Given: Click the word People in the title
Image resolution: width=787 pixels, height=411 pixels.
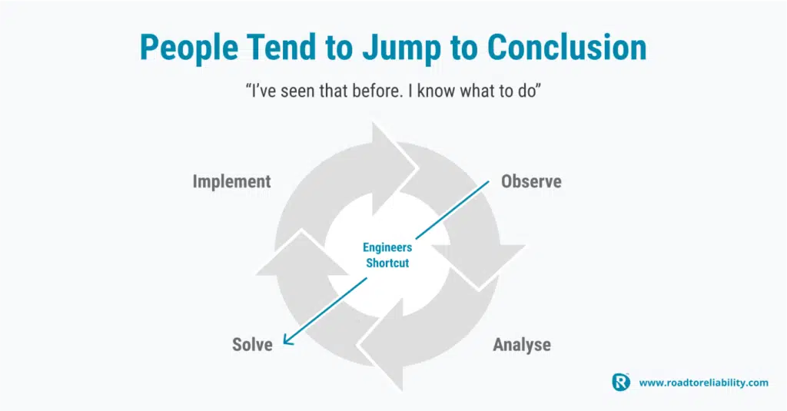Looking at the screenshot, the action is pos(189,48).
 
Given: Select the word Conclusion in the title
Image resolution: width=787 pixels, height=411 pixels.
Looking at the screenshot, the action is pos(566,47).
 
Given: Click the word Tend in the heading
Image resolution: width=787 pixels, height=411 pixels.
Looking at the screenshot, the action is pos(282,47).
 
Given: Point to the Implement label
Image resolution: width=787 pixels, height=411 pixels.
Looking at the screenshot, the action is pos(232,181).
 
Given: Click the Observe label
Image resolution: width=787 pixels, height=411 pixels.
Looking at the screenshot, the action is pos(531,181).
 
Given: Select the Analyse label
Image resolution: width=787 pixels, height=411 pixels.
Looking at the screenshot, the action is pos(522,345).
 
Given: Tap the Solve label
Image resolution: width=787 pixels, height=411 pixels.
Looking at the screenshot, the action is pos(252,345).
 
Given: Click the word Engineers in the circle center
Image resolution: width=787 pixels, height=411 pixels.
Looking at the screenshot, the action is pos(387,247).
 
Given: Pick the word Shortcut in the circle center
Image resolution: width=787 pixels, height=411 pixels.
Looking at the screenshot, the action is pos(387,263).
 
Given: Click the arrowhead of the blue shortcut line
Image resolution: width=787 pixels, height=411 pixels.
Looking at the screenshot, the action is pos(287,341).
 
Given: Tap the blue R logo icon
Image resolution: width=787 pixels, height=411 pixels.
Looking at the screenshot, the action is pos(621,382).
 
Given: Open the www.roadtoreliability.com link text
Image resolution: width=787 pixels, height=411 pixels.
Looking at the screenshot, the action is pos(704,383).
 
